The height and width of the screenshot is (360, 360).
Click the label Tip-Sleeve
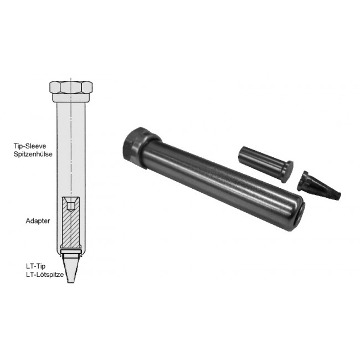tap(30, 146)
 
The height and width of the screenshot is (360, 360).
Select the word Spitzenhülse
tap(33, 154)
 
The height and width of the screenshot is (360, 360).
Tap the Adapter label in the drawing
tap(38, 221)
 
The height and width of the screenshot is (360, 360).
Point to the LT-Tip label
tap(36, 266)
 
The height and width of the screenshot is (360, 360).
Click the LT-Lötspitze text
tap(45, 274)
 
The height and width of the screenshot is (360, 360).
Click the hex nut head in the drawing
tap(71, 87)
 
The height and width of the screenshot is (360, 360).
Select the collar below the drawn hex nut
tap(71, 97)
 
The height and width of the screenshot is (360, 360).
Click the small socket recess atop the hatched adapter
tap(71, 204)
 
